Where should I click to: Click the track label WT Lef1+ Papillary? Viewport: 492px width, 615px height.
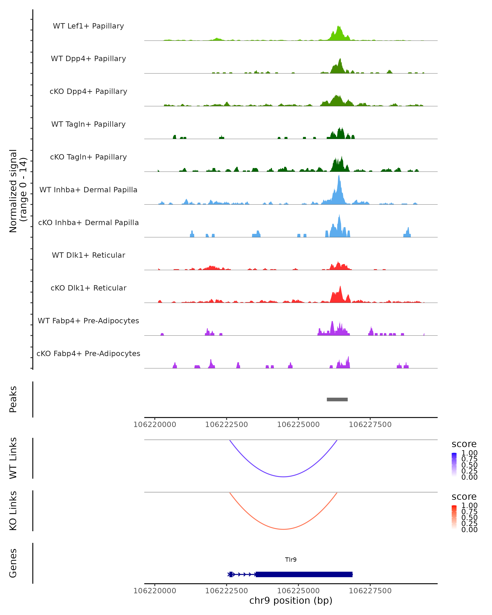coord(88,26)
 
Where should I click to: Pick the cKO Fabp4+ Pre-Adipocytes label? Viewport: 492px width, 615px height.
coord(88,353)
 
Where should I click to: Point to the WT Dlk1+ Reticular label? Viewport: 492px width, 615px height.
coord(88,255)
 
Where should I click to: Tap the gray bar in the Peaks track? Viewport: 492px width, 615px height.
coord(337,399)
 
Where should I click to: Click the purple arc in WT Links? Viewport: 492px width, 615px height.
coord(283,477)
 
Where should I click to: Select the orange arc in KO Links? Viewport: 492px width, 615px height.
coord(283,529)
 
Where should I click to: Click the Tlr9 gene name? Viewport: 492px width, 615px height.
coord(291,560)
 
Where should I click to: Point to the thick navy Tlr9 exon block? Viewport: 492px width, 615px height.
coord(304,574)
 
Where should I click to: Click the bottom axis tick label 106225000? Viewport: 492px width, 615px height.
coord(298,590)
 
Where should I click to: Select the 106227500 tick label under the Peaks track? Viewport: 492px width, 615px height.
coord(370,425)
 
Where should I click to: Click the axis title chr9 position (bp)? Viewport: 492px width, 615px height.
coord(291,600)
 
